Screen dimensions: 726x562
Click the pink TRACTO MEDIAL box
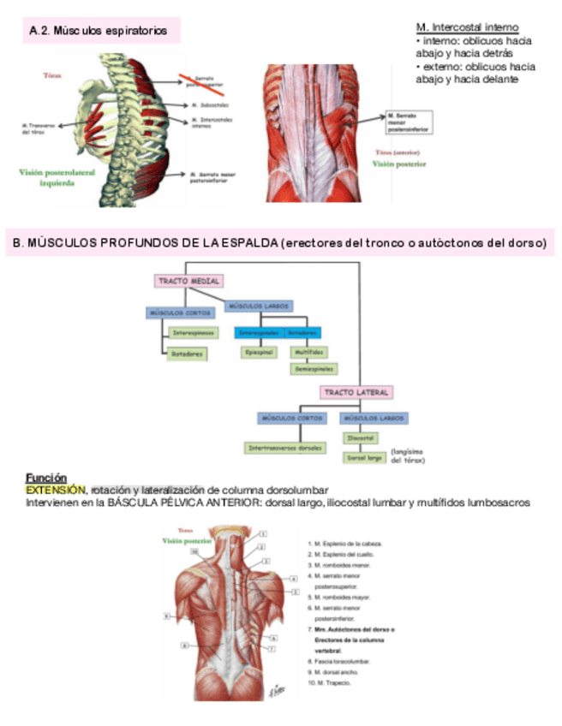pyautogui.click(x=188, y=281)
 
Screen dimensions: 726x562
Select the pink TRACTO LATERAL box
pyautogui.click(x=356, y=392)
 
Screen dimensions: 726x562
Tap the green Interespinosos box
pyautogui.click(x=194, y=332)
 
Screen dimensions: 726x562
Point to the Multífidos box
pyautogui.click(x=307, y=352)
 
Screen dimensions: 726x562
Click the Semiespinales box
pyautogui.click(x=314, y=369)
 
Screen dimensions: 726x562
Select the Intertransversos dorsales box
pyautogui.click(x=285, y=448)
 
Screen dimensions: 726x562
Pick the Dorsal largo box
pyautogui.click(x=363, y=458)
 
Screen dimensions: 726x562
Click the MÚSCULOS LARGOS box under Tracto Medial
pyautogui.click(x=260, y=305)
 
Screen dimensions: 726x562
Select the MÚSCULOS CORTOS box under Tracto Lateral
pyautogui.click(x=290, y=418)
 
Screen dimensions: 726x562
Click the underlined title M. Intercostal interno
pyautogui.click(x=467, y=27)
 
